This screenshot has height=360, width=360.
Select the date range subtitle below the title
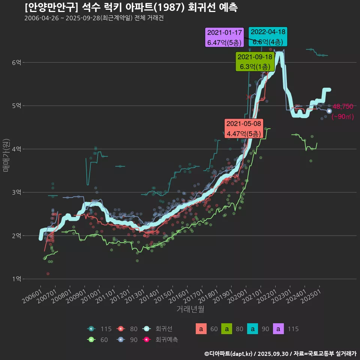[94, 18]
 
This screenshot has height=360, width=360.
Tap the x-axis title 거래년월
[190, 309]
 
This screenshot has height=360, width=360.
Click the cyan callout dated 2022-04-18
[268, 37]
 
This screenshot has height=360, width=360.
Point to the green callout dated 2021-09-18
[255, 62]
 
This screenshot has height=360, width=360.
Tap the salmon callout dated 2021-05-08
[244, 129]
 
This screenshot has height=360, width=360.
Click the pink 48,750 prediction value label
[343, 106]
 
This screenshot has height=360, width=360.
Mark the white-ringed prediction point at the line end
[329, 111]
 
